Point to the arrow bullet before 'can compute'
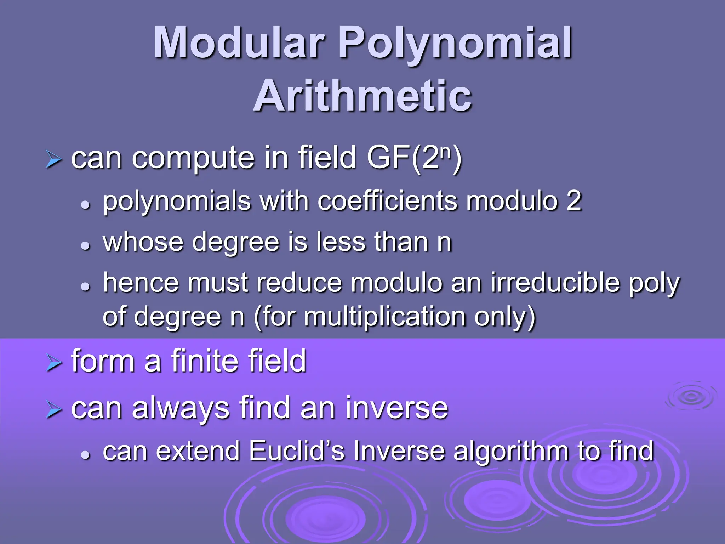tap(54, 160)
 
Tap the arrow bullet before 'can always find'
tap(54, 410)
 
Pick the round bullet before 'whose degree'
tap(85, 245)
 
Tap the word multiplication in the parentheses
tap(385, 317)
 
